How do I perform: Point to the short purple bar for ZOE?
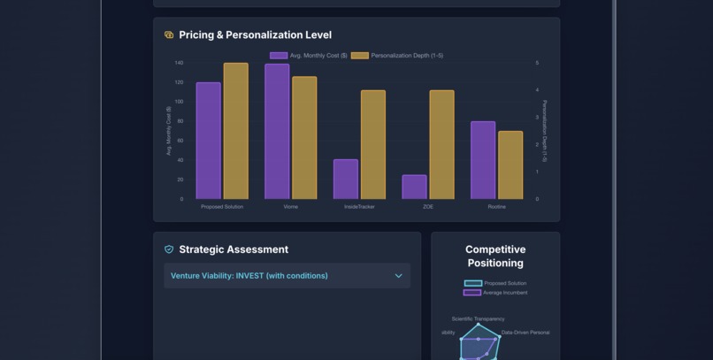(414, 187)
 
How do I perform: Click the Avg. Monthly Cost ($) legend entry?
(309, 56)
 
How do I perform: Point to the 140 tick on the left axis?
(179, 63)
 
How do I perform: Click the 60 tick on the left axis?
(180, 141)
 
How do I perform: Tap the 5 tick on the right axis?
(537, 63)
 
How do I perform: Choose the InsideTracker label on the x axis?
(359, 207)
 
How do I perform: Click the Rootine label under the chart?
(496, 207)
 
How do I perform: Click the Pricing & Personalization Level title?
(255, 35)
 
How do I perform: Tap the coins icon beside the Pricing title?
(169, 35)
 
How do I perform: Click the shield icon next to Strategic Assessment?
(169, 249)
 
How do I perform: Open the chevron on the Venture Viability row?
(398, 276)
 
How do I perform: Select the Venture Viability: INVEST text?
(249, 276)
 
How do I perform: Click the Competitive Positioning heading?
(495, 257)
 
